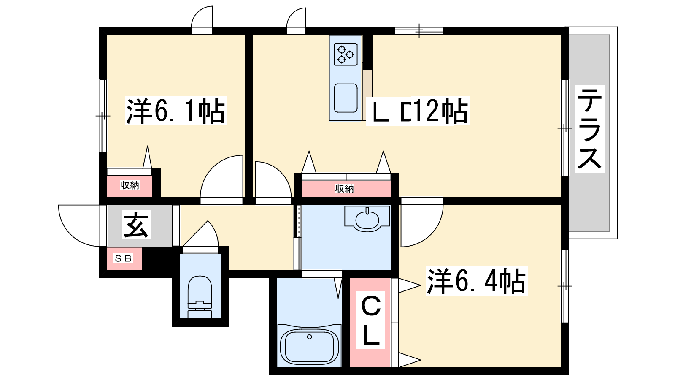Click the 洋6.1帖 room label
coord(175,111)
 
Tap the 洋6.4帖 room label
coord(476,281)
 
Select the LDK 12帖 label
coord(418,111)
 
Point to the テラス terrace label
coord(590,129)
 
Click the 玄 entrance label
coord(136,225)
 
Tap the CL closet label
coord(371,320)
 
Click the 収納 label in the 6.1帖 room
coord(130,185)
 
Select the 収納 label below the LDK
coord(344,188)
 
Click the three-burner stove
coord(346,54)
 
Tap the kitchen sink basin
coord(346,98)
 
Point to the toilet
coord(200,296)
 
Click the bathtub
coord(310,346)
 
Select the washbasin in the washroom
coord(367,219)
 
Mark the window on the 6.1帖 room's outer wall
coord(103,116)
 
